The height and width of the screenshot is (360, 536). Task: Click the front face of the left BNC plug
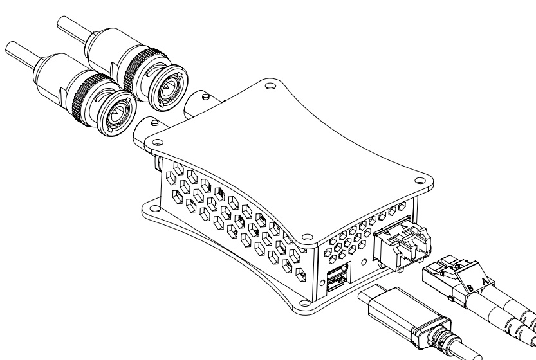coord(116,116)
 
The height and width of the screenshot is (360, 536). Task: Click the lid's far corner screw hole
coord(270,84)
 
